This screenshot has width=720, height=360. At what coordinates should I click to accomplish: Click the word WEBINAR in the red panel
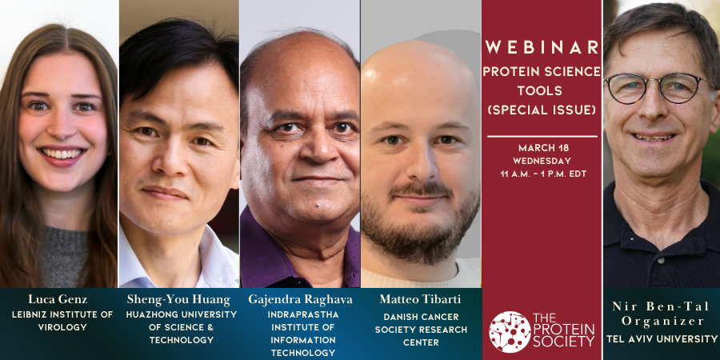(542, 47)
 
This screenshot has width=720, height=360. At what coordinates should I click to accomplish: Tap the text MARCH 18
(542, 147)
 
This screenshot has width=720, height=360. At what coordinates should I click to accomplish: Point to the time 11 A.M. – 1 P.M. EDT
(542, 173)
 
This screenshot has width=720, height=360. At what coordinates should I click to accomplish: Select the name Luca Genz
(59, 299)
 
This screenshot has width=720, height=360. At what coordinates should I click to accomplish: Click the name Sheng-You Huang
(178, 299)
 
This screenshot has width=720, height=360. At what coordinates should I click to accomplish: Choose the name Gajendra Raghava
(301, 299)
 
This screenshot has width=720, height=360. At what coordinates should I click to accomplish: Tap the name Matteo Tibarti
(421, 299)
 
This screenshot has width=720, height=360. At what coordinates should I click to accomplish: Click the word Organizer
(661, 321)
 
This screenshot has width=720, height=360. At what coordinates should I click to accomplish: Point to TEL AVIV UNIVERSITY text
(661, 338)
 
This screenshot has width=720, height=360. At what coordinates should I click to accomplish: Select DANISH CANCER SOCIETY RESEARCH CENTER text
(421, 330)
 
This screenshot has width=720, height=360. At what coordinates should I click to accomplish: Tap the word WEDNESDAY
(542, 160)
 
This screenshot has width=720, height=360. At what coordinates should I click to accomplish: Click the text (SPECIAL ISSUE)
(542, 110)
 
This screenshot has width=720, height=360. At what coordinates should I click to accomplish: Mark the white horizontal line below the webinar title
(542, 136)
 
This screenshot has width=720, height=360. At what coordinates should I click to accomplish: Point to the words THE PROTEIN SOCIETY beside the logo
(564, 330)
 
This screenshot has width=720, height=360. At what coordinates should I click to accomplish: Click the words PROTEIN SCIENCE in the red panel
(542, 71)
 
